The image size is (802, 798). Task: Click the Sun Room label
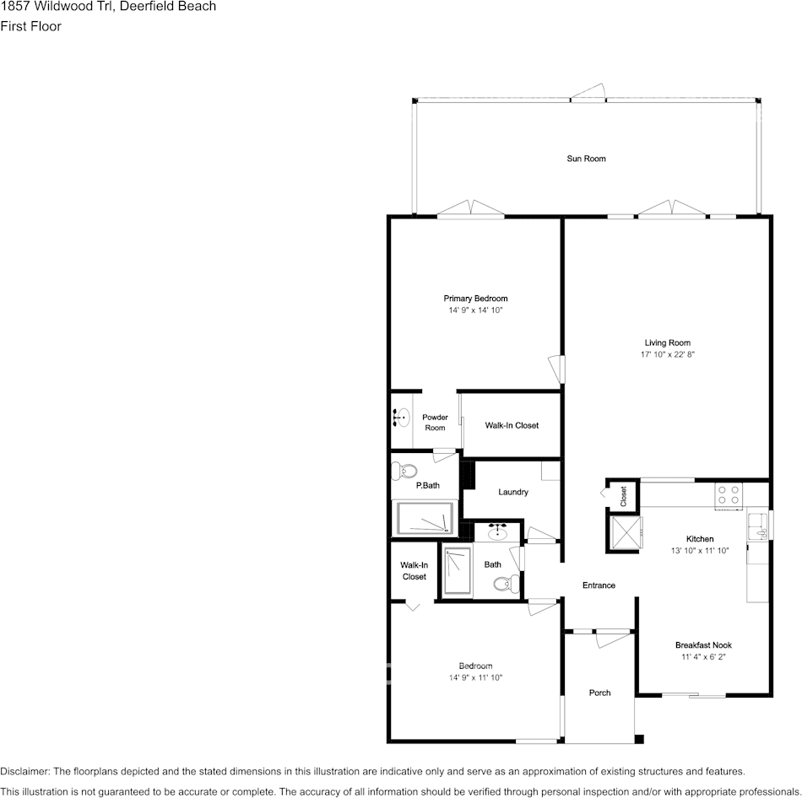(586, 159)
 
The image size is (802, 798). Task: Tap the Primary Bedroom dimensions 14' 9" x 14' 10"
(475, 310)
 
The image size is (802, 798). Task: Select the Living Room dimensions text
(667, 355)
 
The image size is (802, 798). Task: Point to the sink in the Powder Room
(401, 417)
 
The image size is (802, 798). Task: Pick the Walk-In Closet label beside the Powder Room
(511, 425)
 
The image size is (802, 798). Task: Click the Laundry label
(512, 492)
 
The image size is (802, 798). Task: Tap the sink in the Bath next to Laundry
(497, 532)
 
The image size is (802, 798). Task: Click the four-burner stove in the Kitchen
(728, 495)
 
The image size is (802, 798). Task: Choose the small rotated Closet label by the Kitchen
(623, 496)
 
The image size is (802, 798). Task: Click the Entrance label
(599, 585)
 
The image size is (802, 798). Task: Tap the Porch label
(599, 693)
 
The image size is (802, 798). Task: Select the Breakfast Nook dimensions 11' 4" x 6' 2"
(703, 657)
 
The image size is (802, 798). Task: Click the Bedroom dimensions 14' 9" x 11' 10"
(475, 677)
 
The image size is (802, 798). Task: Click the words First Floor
(30, 26)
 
